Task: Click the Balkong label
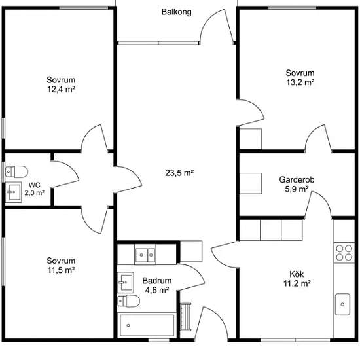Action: [x=176, y=12]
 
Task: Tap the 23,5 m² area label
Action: [x=179, y=173]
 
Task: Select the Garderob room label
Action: [x=297, y=179]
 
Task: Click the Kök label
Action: [x=297, y=274]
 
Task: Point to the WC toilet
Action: [x=16, y=171]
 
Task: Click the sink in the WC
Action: [x=13, y=192]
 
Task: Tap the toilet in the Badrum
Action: [x=128, y=301]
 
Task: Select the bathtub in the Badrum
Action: [x=147, y=325]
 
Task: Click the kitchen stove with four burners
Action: [x=344, y=253]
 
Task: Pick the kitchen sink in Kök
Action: [x=342, y=304]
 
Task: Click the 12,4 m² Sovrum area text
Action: [x=61, y=89]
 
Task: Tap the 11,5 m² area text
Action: [x=61, y=270]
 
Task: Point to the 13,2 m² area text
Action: [x=300, y=82]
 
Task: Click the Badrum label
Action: [x=157, y=281]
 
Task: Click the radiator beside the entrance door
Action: [x=186, y=316]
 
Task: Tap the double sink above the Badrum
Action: [x=145, y=255]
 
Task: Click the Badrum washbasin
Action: [x=126, y=282]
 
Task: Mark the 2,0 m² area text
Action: [x=35, y=193]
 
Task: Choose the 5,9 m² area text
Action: [x=297, y=189]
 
